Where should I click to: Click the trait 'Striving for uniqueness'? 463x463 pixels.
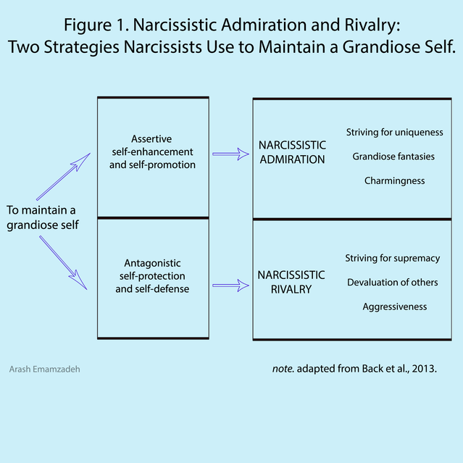pos(394,133)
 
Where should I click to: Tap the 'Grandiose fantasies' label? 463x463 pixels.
pos(394,157)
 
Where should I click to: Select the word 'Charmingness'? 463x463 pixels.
pos(394,180)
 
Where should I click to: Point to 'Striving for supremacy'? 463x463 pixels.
pos(393,258)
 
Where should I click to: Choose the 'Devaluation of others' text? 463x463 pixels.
pos(393,282)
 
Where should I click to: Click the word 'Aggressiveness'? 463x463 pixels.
pos(395,306)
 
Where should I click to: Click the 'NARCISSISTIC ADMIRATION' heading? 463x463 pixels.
pos(292,153)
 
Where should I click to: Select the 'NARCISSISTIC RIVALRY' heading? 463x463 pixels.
pos(291,282)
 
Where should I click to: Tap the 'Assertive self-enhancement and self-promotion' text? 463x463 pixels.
pos(153,151)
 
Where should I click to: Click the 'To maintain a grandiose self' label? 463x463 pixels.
pos(41,217)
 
